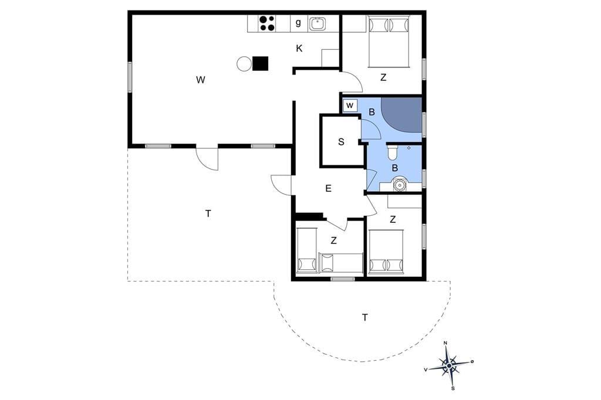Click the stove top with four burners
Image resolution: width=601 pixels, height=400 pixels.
[267, 23]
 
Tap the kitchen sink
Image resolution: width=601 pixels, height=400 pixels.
[318, 24]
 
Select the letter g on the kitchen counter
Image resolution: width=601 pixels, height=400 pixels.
[298, 23]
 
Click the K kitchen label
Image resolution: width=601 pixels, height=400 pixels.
[299, 48]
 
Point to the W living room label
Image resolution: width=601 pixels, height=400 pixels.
[201, 80]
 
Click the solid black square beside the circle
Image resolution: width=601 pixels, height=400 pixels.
[260, 63]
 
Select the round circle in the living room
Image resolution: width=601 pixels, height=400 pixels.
[244, 63]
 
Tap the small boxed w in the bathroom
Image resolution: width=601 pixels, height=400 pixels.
[350, 106]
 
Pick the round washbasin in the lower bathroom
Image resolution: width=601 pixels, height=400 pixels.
[400, 185]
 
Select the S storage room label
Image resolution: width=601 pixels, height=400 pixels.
[341, 142]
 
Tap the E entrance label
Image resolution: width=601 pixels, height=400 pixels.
[328, 188]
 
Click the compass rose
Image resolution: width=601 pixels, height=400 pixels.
[449, 366]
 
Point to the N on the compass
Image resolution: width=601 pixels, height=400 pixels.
[445, 343]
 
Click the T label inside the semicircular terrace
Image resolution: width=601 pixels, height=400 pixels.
[365, 317]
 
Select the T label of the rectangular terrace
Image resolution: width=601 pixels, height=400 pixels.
[208, 213]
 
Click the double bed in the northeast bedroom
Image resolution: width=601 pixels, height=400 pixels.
[389, 42]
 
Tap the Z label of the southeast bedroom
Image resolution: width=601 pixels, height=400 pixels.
[393, 219]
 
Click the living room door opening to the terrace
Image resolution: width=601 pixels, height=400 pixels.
[207, 158]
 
